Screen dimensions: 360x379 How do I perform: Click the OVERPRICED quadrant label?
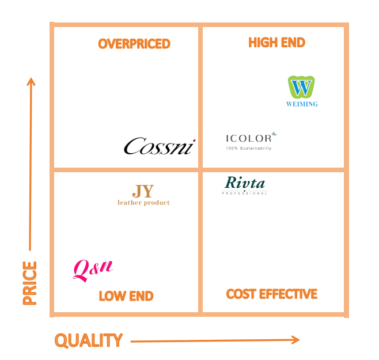click(134, 44)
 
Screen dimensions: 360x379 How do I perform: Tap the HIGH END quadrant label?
click(276, 43)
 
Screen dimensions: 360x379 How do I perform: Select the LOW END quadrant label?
click(126, 296)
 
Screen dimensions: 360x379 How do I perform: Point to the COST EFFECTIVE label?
click(272, 294)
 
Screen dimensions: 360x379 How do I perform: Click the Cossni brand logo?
click(160, 146)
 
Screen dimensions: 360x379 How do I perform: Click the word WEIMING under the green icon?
click(302, 104)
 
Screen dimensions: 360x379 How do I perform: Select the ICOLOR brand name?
click(248, 138)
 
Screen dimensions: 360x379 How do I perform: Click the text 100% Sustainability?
click(248, 148)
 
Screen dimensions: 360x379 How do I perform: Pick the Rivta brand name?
click(245, 183)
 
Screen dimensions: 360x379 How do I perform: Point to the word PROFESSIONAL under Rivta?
click(245, 194)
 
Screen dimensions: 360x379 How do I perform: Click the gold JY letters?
click(143, 191)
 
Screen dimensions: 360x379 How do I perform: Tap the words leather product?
click(143, 203)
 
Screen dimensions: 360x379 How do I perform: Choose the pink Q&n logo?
click(92, 269)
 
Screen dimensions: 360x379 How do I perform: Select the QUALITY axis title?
click(89, 340)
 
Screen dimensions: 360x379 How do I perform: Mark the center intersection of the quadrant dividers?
click(200, 170)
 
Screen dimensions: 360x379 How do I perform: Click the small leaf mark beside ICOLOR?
click(274, 134)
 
